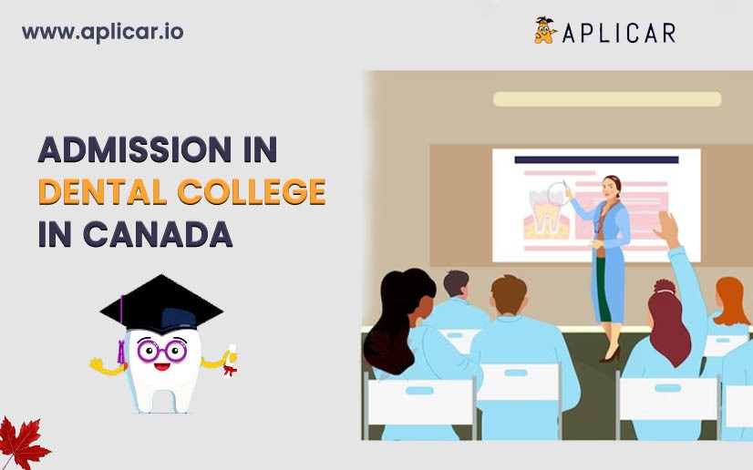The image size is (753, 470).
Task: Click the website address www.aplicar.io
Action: [102, 31]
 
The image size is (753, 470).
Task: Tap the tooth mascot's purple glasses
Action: [161, 351]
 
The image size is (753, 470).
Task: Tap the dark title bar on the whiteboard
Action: [596, 159]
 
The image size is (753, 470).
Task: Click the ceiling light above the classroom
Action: [607, 98]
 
